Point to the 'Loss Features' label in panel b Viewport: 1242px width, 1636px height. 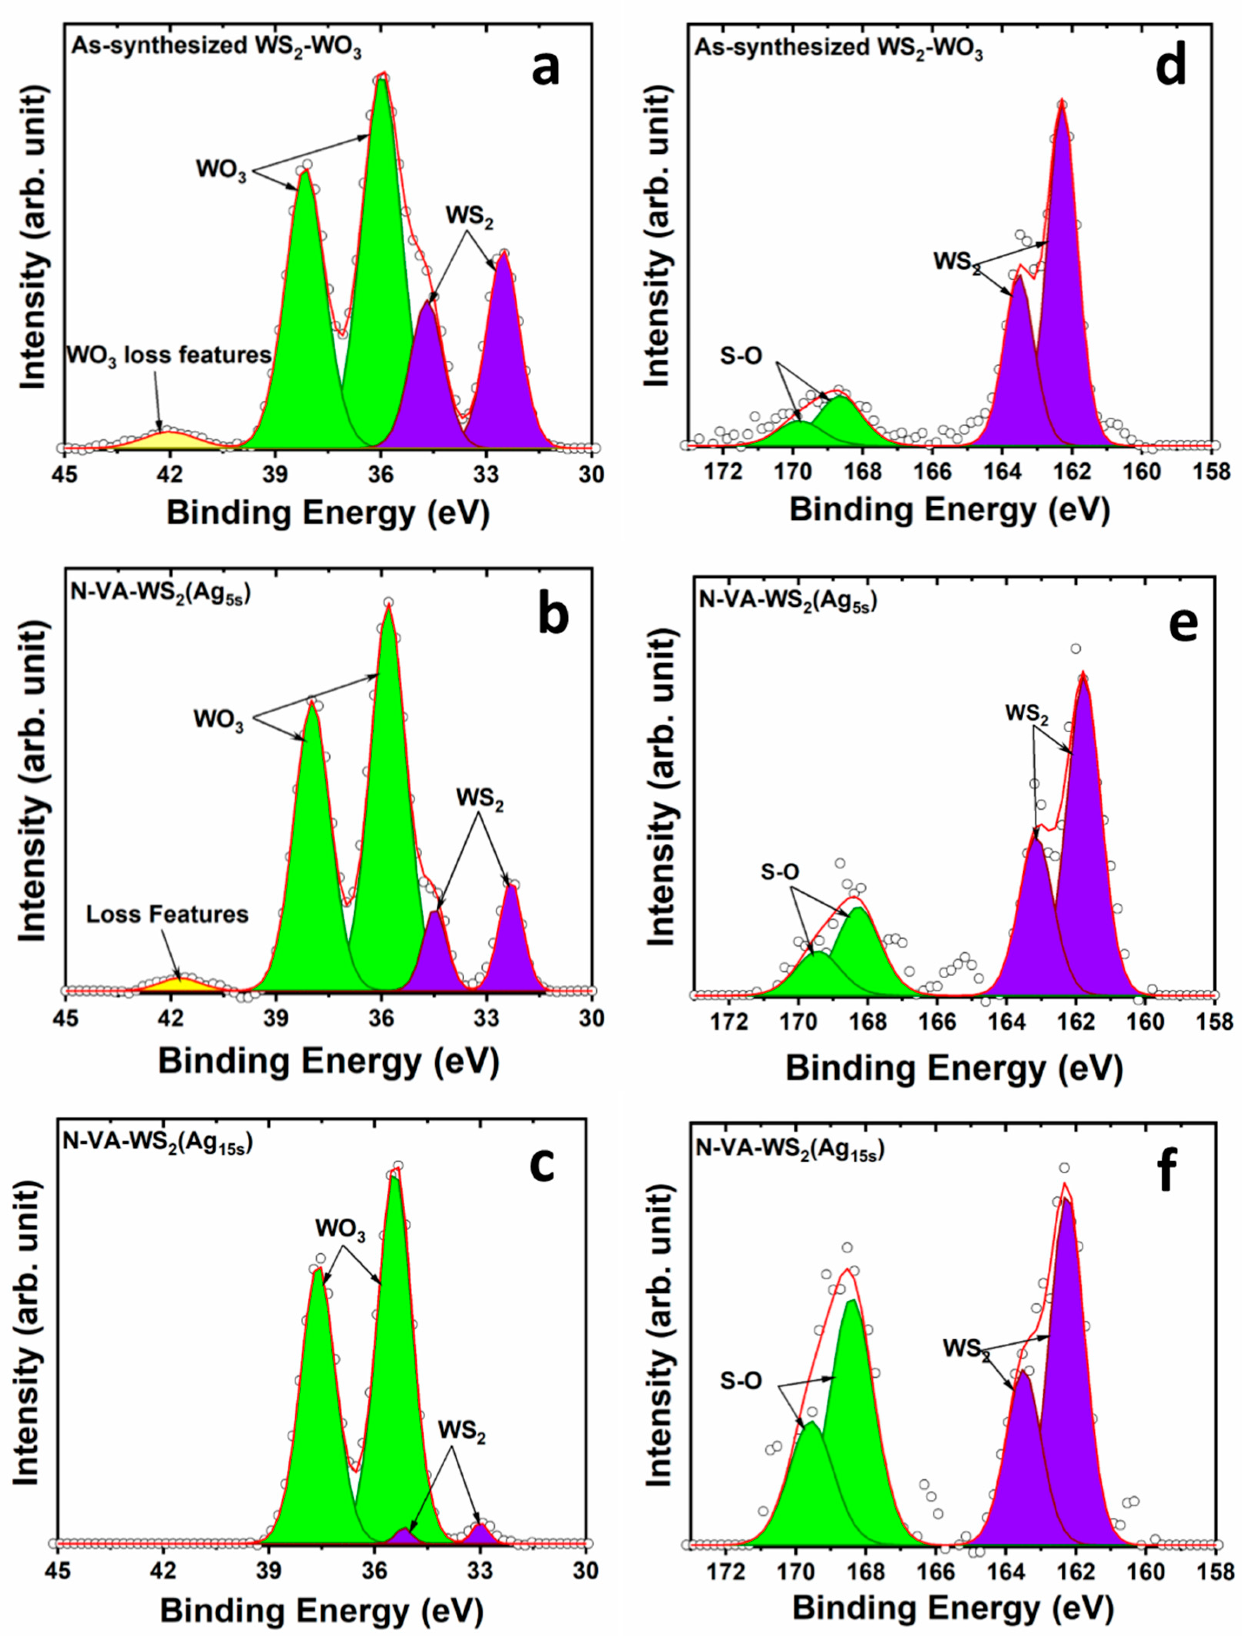(167, 915)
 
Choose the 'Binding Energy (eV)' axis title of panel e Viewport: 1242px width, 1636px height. (954, 1069)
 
